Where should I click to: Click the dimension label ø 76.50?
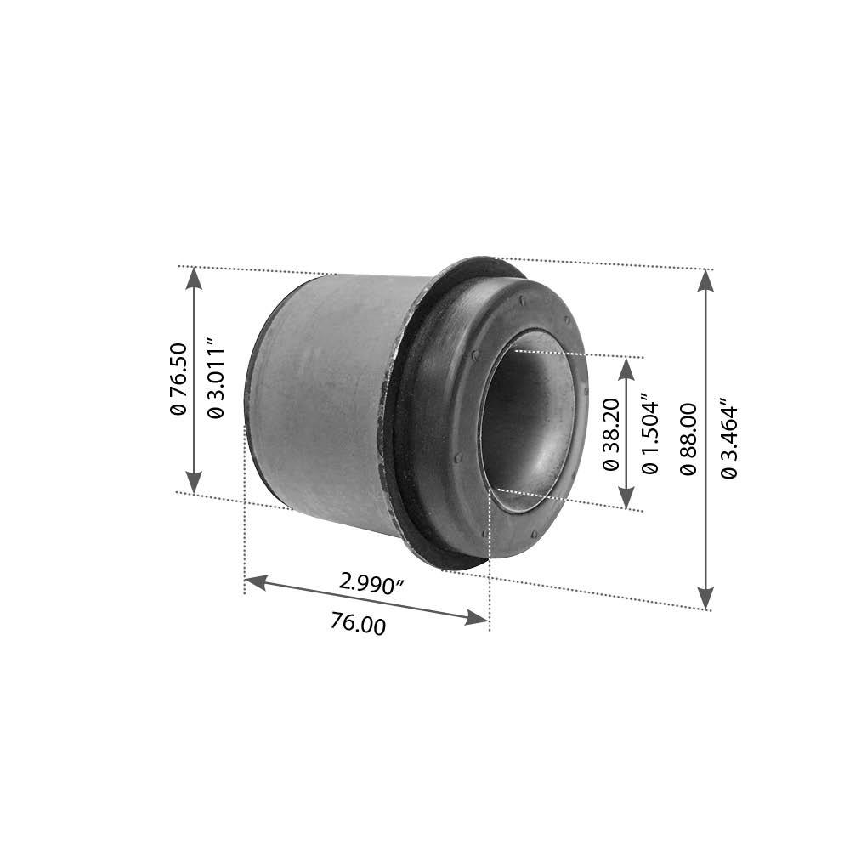[178, 378]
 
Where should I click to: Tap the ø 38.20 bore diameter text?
[611, 433]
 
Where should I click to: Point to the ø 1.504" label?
[650, 433]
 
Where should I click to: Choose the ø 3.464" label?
[729, 439]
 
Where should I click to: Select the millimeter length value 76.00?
[358, 624]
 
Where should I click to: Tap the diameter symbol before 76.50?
[178, 408]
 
